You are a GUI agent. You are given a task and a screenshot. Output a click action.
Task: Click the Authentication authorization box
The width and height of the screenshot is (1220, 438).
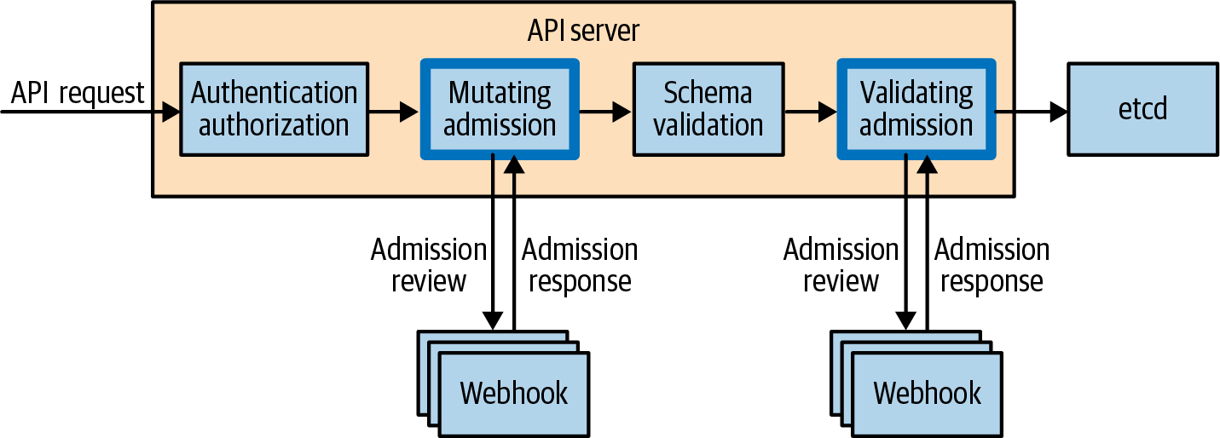point(274,108)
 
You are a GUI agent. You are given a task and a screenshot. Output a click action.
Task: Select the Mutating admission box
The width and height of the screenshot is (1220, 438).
point(500,108)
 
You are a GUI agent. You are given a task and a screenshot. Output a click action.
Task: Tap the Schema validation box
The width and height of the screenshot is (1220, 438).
point(708,108)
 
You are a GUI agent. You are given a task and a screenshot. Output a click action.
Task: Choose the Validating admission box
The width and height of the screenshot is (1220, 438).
point(916,108)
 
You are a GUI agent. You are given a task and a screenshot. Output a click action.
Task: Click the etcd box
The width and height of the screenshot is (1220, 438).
point(1142,108)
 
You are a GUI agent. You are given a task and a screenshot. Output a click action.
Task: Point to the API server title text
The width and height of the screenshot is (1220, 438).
point(583,32)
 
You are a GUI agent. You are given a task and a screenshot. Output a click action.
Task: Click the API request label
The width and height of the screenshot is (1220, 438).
point(78,93)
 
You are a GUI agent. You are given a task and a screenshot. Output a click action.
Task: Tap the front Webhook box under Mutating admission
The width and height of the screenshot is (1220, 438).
point(514,393)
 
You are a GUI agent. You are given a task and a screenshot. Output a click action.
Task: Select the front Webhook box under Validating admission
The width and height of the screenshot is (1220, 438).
point(928,393)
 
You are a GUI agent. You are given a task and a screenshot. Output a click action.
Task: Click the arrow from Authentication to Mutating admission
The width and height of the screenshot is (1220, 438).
point(393,110)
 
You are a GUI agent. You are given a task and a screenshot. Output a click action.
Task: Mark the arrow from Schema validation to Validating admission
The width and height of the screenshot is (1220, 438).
point(810,110)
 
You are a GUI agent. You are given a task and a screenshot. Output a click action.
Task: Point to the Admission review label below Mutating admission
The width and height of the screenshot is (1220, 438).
point(429,265)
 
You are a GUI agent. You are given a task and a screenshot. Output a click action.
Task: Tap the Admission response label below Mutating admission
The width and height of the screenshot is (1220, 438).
point(580,265)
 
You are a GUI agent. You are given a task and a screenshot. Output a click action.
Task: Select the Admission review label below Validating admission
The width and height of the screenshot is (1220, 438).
point(841,265)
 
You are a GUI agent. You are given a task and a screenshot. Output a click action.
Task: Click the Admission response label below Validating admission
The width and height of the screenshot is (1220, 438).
point(992,265)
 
